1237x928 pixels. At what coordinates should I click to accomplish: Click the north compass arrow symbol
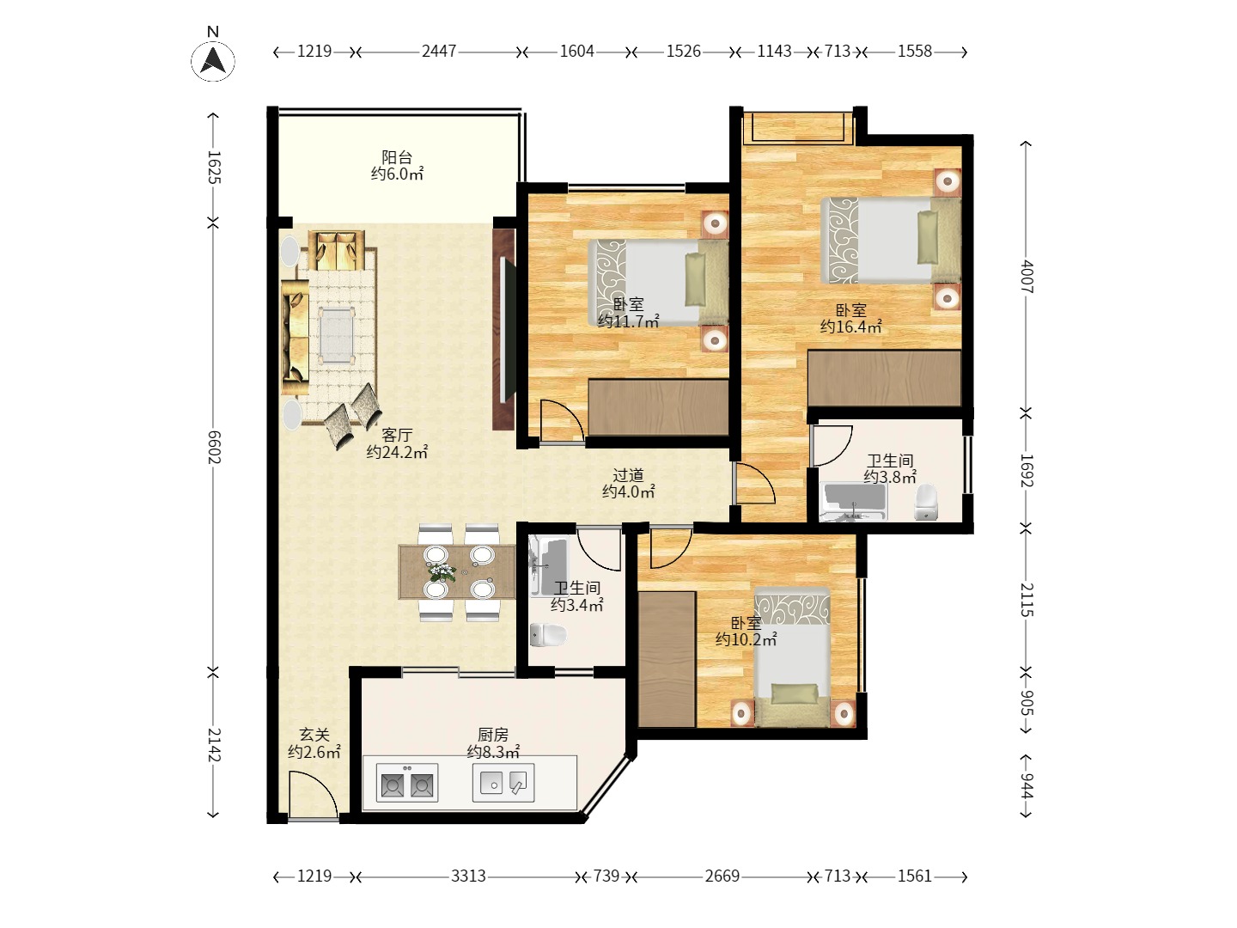point(213,61)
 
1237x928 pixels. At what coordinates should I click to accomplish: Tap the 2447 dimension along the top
point(438,52)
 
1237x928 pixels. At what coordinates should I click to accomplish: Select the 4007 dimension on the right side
point(1027,276)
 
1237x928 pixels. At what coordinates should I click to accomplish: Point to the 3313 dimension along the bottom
point(468,876)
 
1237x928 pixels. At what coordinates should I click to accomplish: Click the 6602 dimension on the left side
point(214,447)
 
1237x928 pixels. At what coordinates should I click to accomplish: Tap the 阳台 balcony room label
point(397,157)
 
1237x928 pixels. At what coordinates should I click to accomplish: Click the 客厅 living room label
point(397,435)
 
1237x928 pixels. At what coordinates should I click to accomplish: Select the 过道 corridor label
point(628,475)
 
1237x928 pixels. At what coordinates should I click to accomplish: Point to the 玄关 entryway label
point(314,735)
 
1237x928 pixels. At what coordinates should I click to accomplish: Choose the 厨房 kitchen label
point(493,735)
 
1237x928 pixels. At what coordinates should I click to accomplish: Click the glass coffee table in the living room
point(337,334)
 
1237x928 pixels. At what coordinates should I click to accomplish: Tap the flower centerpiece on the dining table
point(442,571)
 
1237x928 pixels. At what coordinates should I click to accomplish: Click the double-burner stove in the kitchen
point(407,783)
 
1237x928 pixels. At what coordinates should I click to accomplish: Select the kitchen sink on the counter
point(503,783)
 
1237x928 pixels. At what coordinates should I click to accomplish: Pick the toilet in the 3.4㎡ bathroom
point(548,635)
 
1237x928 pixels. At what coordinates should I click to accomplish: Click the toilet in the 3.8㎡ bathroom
point(925,503)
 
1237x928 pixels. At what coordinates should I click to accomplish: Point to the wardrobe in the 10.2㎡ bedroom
point(667,659)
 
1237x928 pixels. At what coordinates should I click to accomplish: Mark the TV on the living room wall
point(508,329)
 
